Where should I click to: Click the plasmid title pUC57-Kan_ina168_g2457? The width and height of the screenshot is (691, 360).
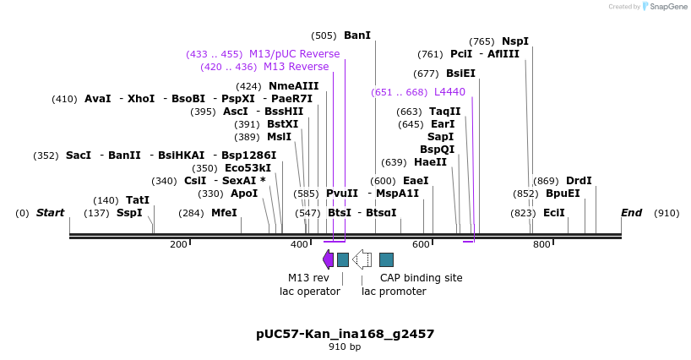click(x=345, y=334)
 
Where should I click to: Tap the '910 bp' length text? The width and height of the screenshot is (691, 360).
click(x=345, y=347)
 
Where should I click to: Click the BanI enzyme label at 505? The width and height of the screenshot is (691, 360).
click(x=356, y=35)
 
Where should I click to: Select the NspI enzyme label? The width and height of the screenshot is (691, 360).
click(x=514, y=41)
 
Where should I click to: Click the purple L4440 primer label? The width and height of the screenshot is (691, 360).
click(x=449, y=92)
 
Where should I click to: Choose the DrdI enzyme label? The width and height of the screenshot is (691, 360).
click(x=579, y=181)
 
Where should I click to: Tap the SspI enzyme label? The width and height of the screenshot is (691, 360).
click(x=129, y=213)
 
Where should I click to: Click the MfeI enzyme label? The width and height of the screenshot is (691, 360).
click(x=224, y=213)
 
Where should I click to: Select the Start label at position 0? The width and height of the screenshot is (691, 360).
click(x=50, y=213)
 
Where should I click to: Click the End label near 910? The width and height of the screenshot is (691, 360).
click(x=631, y=213)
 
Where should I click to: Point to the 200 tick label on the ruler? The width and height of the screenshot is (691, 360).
click(x=178, y=245)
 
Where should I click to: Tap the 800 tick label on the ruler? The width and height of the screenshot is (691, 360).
click(x=541, y=245)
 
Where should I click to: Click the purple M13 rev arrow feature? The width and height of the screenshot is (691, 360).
click(x=328, y=259)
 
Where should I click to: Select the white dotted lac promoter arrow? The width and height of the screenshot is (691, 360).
click(x=362, y=259)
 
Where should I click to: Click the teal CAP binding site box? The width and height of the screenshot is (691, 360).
click(x=386, y=259)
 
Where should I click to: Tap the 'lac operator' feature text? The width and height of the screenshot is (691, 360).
click(x=310, y=292)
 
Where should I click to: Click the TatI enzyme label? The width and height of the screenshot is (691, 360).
click(x=137, y=200)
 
